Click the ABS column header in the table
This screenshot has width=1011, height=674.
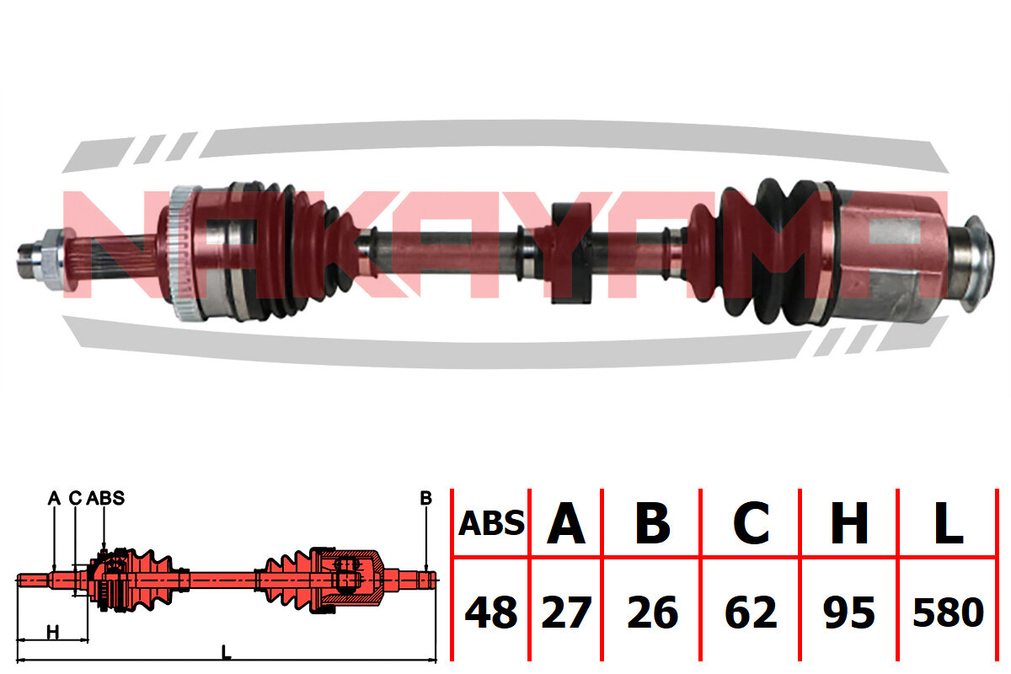pyautogui.click(x=491, y=523)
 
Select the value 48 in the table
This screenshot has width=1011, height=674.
pyautogui.click(x=491, y=612)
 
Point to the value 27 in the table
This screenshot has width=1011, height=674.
pyautogui.click(x=566, y=612)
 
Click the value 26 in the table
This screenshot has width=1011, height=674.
pyautogui.click(x=653, y=612)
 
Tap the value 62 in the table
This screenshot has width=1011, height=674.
pyautogui.click(x=751, y=612)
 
